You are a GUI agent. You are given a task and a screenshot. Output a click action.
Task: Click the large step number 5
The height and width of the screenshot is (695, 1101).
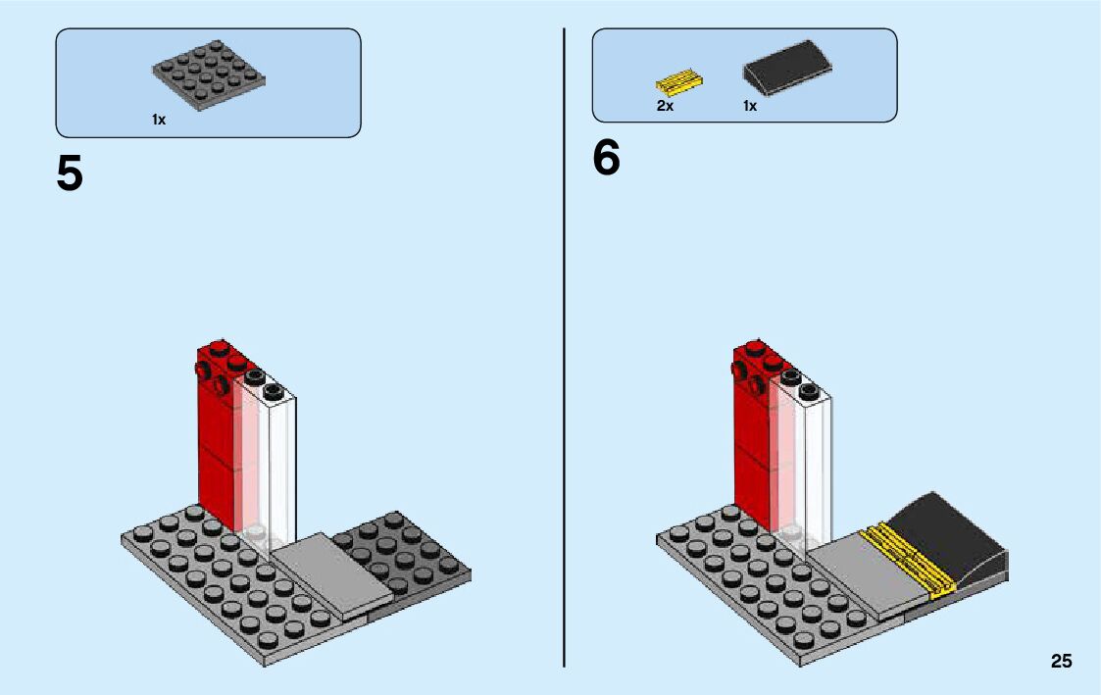[70, 174]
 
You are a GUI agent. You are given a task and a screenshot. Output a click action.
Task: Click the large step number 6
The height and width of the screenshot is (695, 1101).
[606, 159]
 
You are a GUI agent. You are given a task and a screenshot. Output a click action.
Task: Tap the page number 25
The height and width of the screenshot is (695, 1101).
[1061, 661]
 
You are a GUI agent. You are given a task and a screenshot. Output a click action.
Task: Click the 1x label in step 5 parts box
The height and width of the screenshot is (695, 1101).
[159, 120]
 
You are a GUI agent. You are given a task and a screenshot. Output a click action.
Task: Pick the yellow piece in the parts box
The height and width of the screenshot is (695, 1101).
[678, 81]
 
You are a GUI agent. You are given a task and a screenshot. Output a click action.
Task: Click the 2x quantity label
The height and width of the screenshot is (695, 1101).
[665, 106]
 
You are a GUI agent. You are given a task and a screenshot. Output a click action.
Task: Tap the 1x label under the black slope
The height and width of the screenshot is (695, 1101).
[750, 106]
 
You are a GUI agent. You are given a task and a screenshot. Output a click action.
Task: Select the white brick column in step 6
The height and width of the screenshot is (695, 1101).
[814, 461]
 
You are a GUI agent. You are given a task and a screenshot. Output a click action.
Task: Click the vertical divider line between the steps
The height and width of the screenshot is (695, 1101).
[565, 392]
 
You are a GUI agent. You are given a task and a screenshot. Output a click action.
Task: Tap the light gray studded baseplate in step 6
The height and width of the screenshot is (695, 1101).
[745, 578]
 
